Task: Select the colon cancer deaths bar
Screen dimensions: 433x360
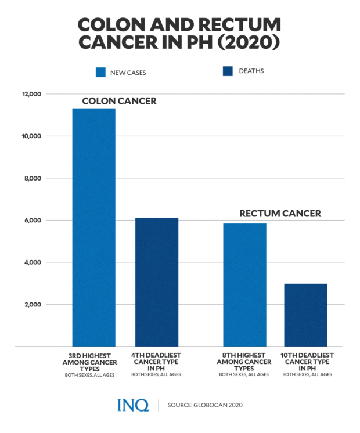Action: (x=157, y=282)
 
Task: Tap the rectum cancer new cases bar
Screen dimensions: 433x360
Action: (x=244, y=285)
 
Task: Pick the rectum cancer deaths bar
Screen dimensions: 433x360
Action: (x=305, y=315)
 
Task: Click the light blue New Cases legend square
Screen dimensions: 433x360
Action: (x=100, y=72)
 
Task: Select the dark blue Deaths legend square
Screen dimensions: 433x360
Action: (x=228, y=71)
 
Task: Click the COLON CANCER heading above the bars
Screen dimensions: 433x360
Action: (x=119, y=101)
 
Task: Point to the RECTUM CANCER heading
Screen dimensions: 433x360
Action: (x=280, y=214)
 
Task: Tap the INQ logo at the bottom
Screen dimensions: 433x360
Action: (x=133, y=405)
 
